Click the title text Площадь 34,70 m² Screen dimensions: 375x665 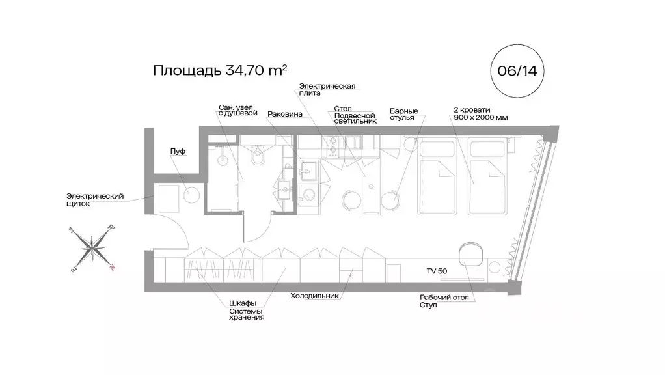[x=220, y=70]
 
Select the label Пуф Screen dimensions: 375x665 [x=178, y=151]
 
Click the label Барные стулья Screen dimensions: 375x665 [x=403, y=114]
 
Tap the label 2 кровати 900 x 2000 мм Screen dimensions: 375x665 [x=478, y=113]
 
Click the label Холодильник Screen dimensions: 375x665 [x=315, y=295]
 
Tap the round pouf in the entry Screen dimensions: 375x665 [x=192, y=195]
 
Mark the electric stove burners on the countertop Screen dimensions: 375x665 [x=332, y=147]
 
